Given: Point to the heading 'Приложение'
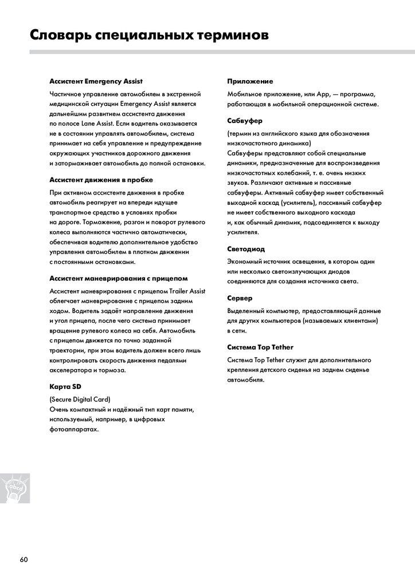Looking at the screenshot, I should [x=250, y=81].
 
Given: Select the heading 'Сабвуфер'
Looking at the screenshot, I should [x=245, y=121].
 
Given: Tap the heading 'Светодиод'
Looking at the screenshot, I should [x=246, y=249].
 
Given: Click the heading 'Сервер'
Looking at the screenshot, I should [x=240, y=298].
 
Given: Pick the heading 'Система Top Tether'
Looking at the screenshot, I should [x=261, y=347].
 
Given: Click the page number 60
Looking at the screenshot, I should [x=24, y=559].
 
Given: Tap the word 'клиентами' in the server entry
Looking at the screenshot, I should [x=360, y=320].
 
